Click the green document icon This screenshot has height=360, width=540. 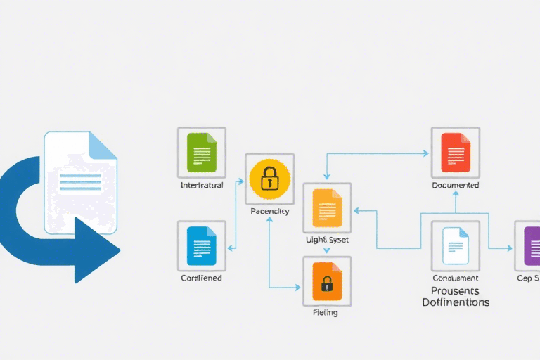point(201,151)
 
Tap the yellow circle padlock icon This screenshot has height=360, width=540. point(269,179)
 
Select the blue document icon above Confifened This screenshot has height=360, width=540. point(201,245)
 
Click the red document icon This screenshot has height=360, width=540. point(454,151)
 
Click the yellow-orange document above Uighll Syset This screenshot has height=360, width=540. point(326,208)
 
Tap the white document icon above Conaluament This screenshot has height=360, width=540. point(454,246)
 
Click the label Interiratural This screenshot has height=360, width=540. point(202,186)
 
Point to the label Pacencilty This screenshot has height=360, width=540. point(269,211)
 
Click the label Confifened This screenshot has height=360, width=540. point(201,278)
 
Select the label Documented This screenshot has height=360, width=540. point(455,186)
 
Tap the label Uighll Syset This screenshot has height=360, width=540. point(327,240)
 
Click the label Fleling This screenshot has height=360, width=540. point(325,312)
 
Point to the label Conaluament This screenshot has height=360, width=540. point(455,278)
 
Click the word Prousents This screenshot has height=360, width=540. point(455,290)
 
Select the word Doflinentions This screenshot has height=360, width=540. point(455,302)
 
